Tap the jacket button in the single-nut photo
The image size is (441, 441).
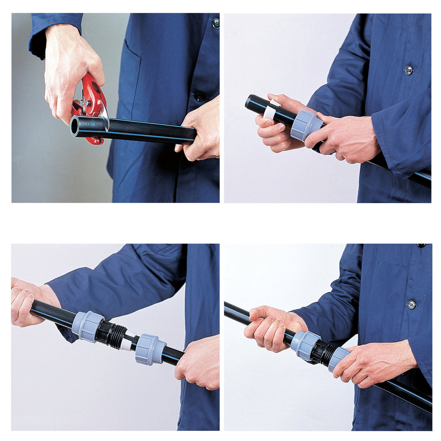click(x=409, y=70)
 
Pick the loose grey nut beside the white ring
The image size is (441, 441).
click(x=149, y=349)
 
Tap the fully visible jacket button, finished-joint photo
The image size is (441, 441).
click(x=411, y=304)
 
